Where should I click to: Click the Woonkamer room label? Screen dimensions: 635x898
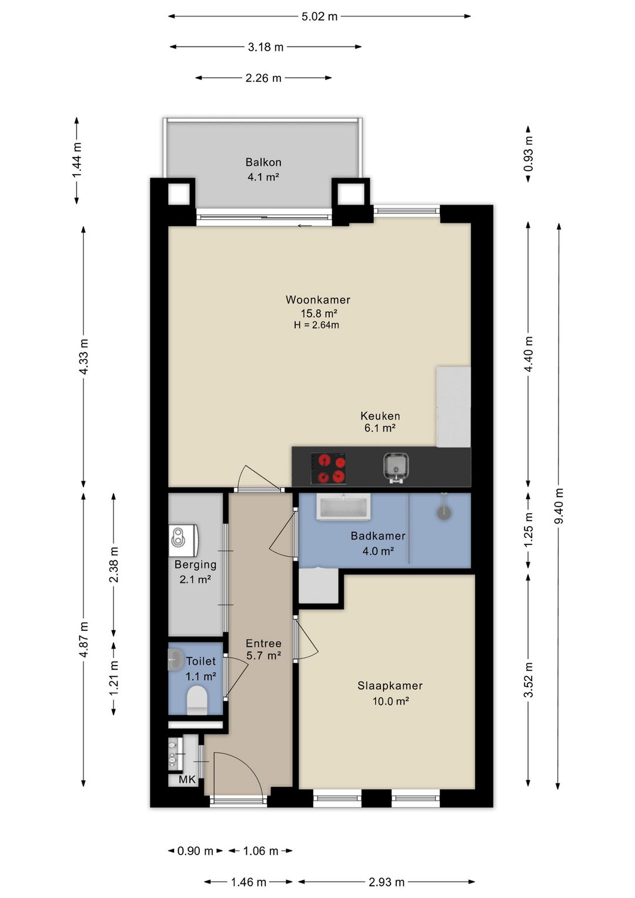317,300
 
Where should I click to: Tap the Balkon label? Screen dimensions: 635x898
263,162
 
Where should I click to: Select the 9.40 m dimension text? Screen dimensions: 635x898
560,505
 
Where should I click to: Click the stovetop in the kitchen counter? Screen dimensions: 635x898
328,468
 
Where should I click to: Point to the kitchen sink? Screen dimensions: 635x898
396,468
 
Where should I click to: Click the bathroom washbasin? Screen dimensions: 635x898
343,507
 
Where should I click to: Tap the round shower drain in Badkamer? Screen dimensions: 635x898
443,513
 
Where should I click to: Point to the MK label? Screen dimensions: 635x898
187,779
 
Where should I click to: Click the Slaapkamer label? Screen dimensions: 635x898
390,686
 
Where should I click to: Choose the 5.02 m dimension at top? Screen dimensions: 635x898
319,16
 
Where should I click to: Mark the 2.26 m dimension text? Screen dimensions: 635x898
263,78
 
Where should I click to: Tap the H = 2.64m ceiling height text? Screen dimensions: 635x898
316,325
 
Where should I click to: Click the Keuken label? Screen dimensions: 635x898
380,415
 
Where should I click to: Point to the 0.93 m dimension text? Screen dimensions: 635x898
529,154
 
